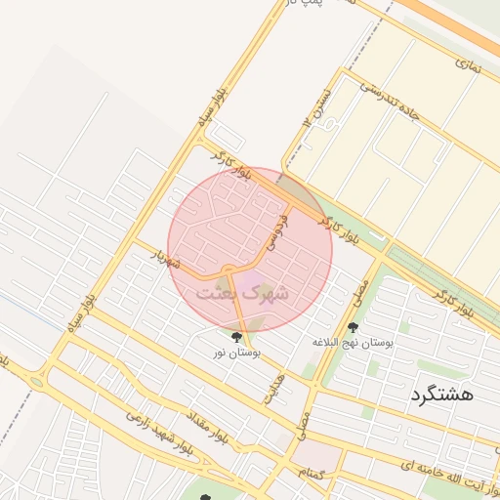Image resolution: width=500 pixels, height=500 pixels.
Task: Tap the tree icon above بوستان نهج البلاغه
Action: click(x=353, y=328)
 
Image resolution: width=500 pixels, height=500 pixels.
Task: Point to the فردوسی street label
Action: click(x=277, y=231)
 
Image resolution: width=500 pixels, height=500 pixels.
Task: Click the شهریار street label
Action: click(x=166, y=261)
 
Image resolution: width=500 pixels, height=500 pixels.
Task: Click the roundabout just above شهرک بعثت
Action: click(x=228, y=270)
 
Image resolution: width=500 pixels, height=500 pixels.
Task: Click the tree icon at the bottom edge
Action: click(x=204, y=497)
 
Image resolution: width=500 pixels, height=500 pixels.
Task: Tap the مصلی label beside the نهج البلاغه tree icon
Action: click(x=361, y=291)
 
